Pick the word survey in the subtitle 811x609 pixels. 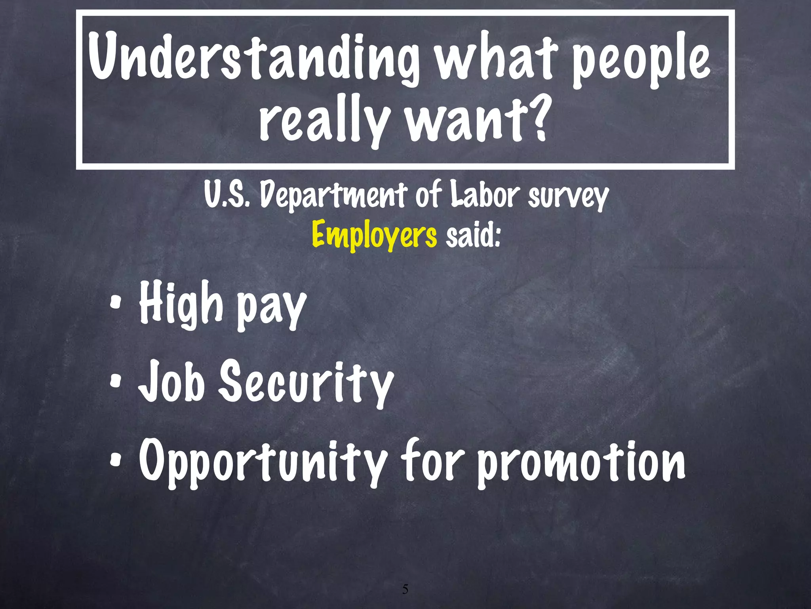pos(568,197)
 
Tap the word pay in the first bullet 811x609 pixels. pos(272,307)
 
